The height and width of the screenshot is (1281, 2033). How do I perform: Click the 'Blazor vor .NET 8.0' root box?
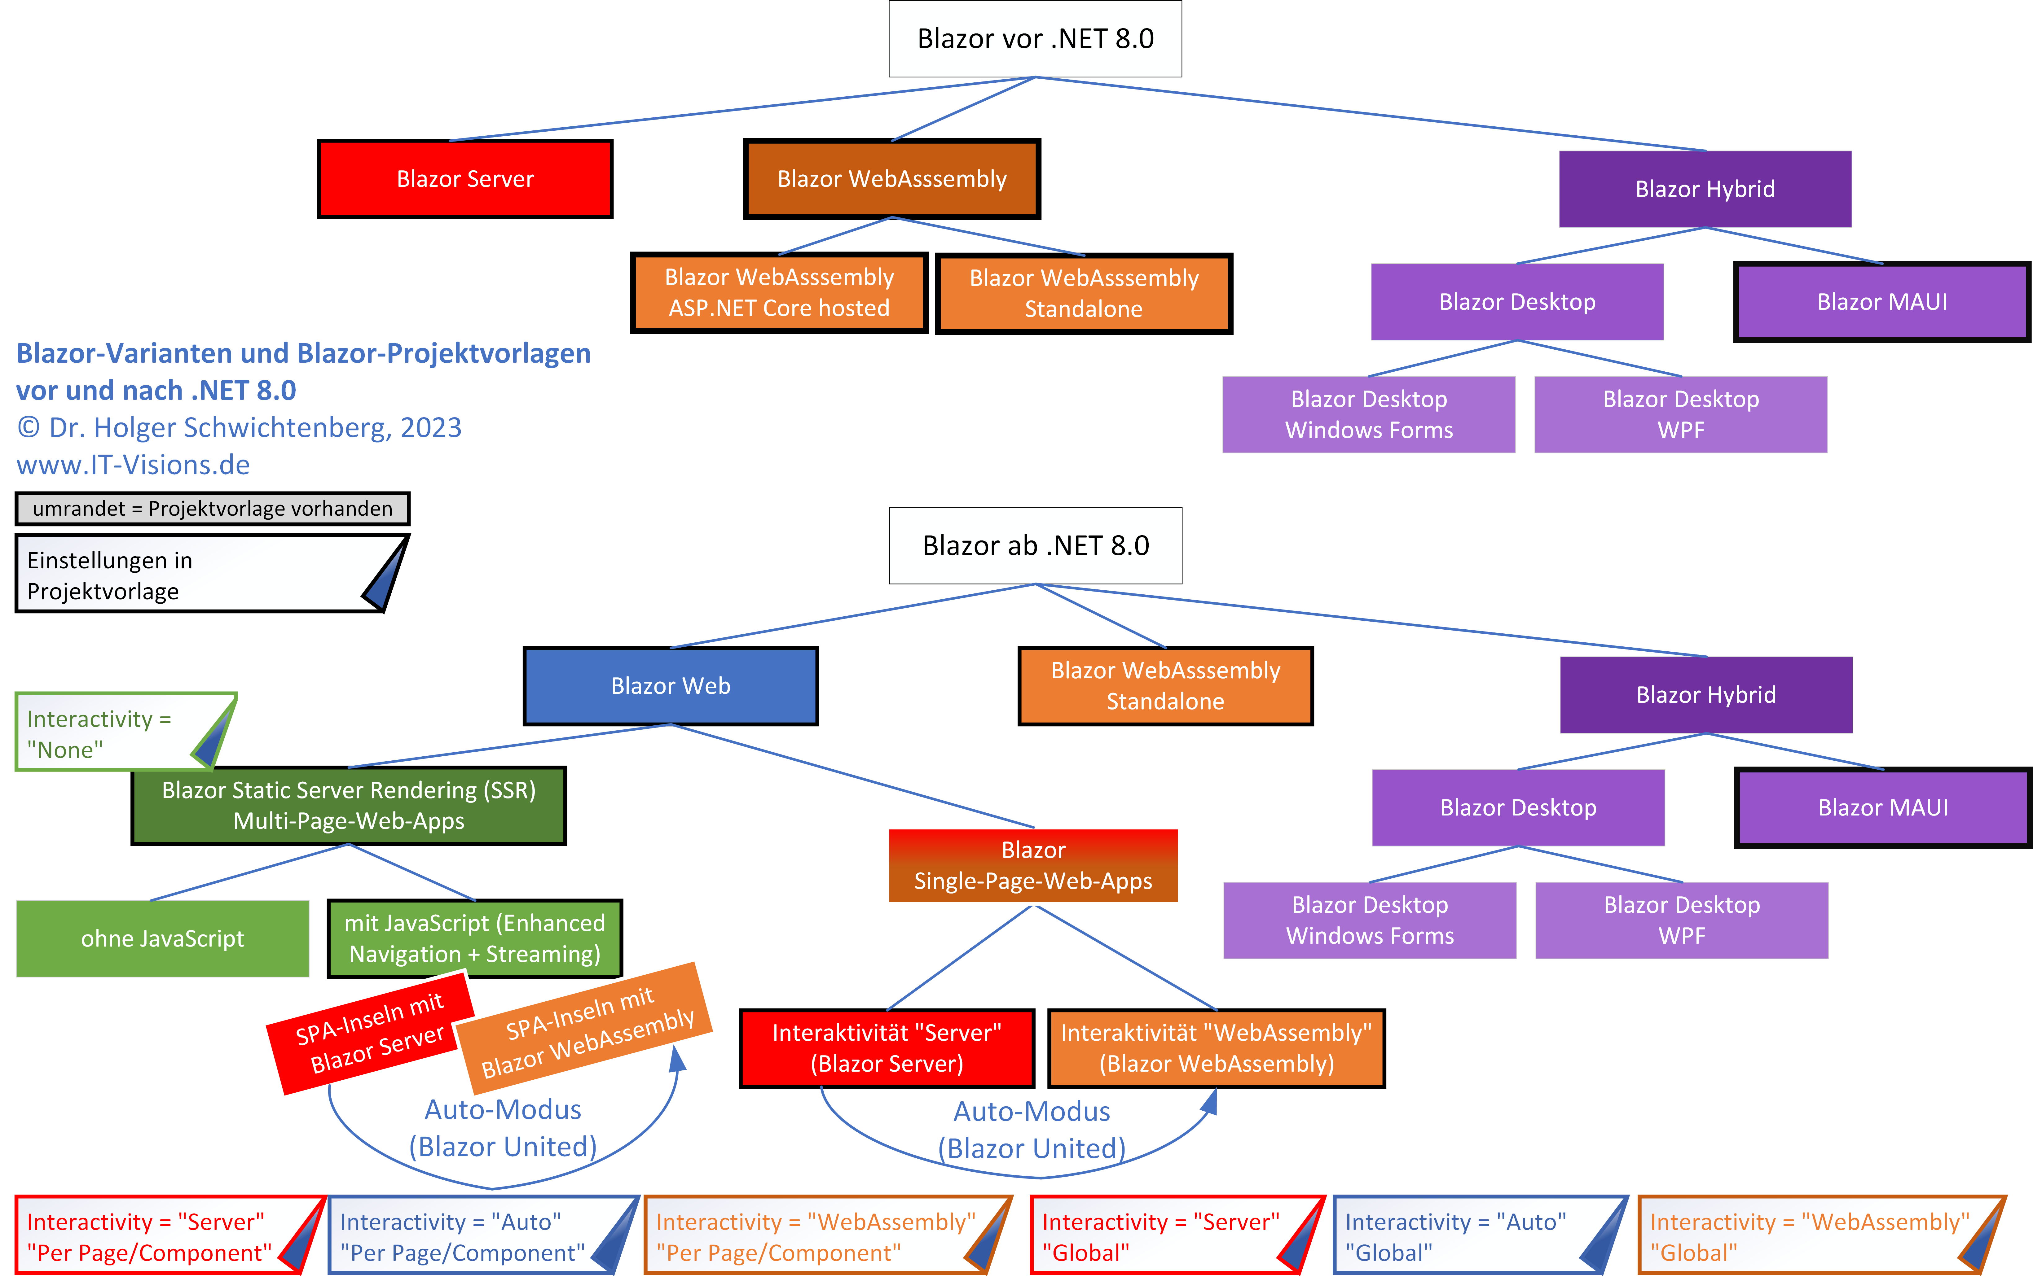pos(1035,39)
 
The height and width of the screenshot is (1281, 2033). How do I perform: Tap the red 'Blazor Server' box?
pos(465,179)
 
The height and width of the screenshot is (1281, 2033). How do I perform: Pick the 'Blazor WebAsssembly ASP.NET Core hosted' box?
pos(778,293)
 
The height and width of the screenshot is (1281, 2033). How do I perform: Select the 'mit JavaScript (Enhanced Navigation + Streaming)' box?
pos(474,938)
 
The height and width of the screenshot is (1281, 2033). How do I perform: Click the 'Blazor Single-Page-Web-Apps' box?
pos(1033,866)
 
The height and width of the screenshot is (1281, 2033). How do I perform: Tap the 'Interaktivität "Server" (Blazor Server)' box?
pos(887,1048)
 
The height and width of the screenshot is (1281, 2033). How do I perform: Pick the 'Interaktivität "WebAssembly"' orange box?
pos(1216,1048)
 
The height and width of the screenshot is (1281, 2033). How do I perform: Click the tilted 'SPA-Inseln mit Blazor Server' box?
pos(370,1034)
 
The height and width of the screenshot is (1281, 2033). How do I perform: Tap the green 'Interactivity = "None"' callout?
pos(110,733)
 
